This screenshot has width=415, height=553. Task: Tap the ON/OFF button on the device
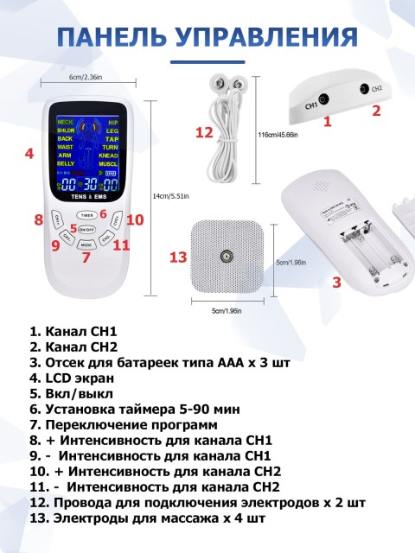pyautogui.click(x=86, y=230)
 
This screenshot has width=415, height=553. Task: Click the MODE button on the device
pyautogui.click(x=86, y=245)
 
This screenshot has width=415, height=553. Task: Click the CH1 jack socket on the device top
pyautogui.click(x=322, y=99)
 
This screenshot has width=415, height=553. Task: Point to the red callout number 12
pyautogui.click(x=204, y=132)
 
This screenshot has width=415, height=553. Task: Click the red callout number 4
pyautogui.click(x=29, y=154)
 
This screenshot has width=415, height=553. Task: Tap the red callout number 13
pyautogui.click(x=178, y=257)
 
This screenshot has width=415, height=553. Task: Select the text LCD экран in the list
pyautogui.click(x=75, y=378)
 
